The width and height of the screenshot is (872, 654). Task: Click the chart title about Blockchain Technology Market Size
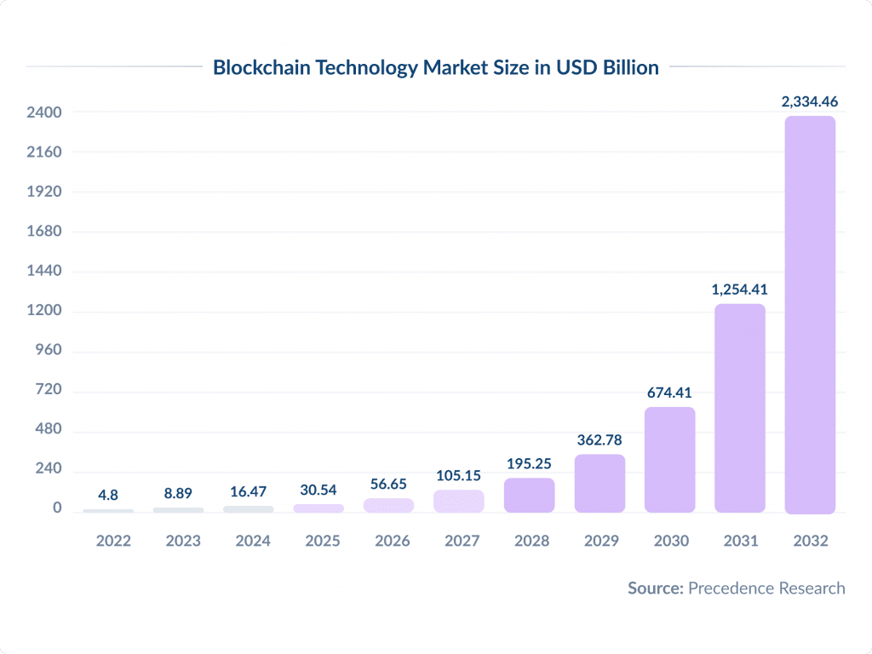[435, 67]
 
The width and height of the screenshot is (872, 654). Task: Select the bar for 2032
[810, 315]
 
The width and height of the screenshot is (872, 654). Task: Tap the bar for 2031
[740, 408]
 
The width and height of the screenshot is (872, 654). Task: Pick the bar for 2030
[669, 460]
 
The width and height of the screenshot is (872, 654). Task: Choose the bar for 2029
[599, 484]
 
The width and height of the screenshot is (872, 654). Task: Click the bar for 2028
[529, 496]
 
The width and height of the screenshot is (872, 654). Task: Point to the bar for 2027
[459, 502]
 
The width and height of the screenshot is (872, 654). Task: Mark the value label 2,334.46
[810, 101]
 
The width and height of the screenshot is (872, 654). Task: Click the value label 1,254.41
[740, 290]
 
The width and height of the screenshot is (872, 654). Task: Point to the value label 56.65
[388, 484]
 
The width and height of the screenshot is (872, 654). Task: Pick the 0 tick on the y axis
[57, 508]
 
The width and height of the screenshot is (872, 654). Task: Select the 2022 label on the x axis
[107, 541]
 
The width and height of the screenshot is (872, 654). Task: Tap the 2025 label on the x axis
[318, 541]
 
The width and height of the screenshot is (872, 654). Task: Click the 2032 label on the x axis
[810, 541]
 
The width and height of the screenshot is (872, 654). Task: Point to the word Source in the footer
[656, 588]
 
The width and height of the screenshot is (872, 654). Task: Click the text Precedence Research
[766, 588]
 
